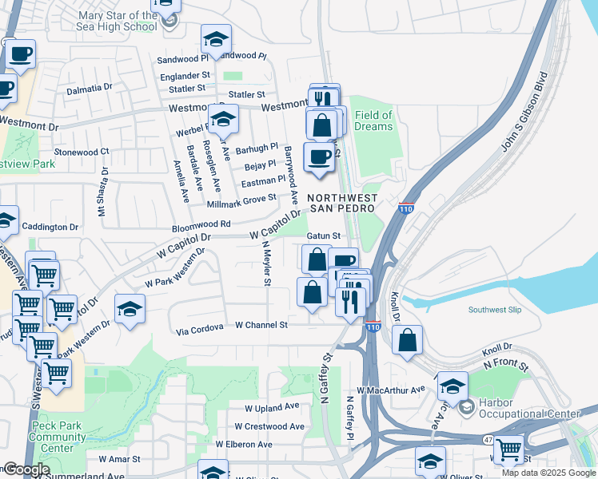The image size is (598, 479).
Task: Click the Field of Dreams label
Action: pos(373,121)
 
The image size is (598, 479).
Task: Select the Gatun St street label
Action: pos(325,236)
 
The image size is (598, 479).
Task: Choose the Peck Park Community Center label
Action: pos(53,437)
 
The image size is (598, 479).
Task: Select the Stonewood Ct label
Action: pos(82,152)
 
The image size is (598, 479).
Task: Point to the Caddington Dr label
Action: pos(50,227)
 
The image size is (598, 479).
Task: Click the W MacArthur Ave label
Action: pos(391,390)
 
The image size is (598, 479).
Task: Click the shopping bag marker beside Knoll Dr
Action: pos(408,339)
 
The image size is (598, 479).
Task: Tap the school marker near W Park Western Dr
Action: pos(130,307)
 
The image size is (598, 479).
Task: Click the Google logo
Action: pos(26,469)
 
